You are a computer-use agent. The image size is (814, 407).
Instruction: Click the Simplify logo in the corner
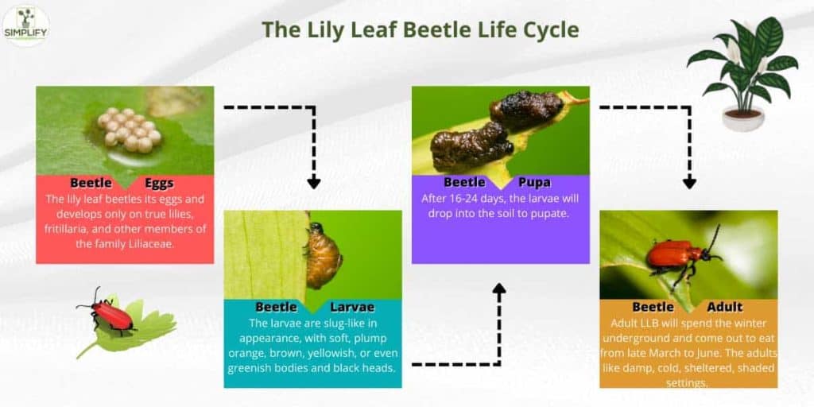[25, 25]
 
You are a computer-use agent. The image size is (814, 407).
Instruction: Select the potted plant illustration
[742, 72]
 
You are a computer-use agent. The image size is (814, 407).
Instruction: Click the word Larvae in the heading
[351, 307]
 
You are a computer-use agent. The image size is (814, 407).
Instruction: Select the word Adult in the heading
[724, 307]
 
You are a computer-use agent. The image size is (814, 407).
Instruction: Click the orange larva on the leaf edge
[322, 255]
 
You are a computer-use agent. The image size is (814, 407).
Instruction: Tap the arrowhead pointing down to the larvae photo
[314, 182]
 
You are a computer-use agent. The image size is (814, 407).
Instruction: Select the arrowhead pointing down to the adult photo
[689, 182]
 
